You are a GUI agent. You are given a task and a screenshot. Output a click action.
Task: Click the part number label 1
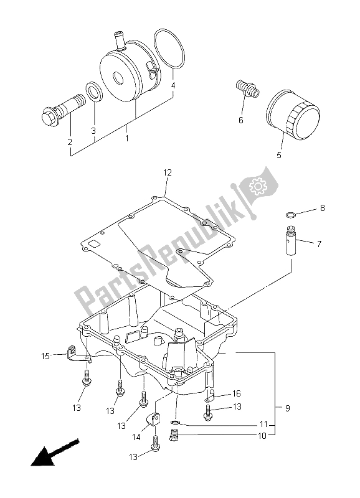126,139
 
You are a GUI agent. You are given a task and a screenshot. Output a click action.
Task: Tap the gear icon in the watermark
256,186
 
